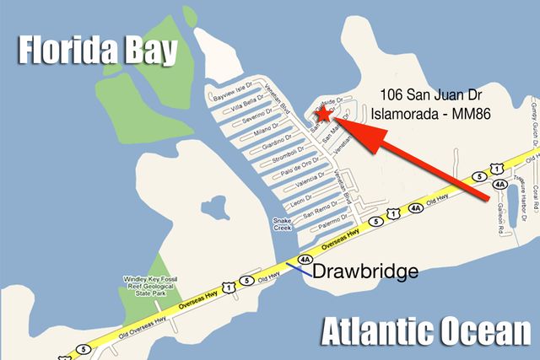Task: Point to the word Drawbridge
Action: click(365, 271)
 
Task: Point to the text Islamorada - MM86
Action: click(435, 112)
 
